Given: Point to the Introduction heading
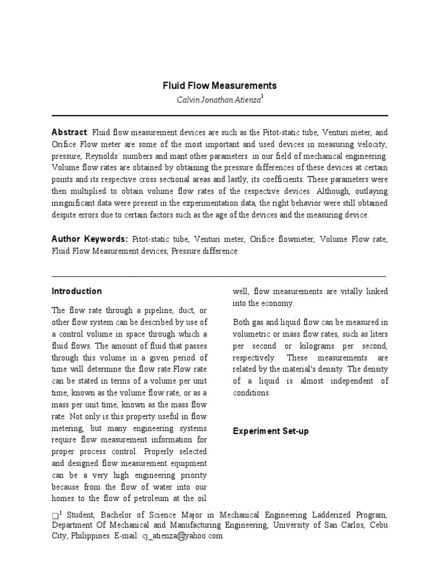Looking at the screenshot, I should click(x=77, y=291).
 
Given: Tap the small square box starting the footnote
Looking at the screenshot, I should click(x=54, y=515).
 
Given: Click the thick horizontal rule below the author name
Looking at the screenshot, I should click(x=220, y=115).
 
